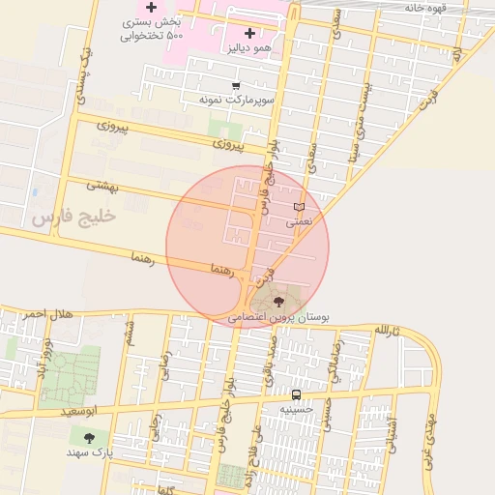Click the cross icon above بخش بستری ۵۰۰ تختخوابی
click(x=151, y=8)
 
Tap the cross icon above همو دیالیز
click(x=249, y=33)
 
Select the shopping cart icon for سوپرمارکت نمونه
click(x=236, y=86)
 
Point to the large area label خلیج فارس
click(x=73, y=217)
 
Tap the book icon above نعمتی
click(x=299, y=207)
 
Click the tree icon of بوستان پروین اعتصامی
click(x=280, y=303)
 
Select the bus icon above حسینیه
click(x=296, y=394)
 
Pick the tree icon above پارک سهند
click(x=90, y=438)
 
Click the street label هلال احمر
click(x=48, y=314)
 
